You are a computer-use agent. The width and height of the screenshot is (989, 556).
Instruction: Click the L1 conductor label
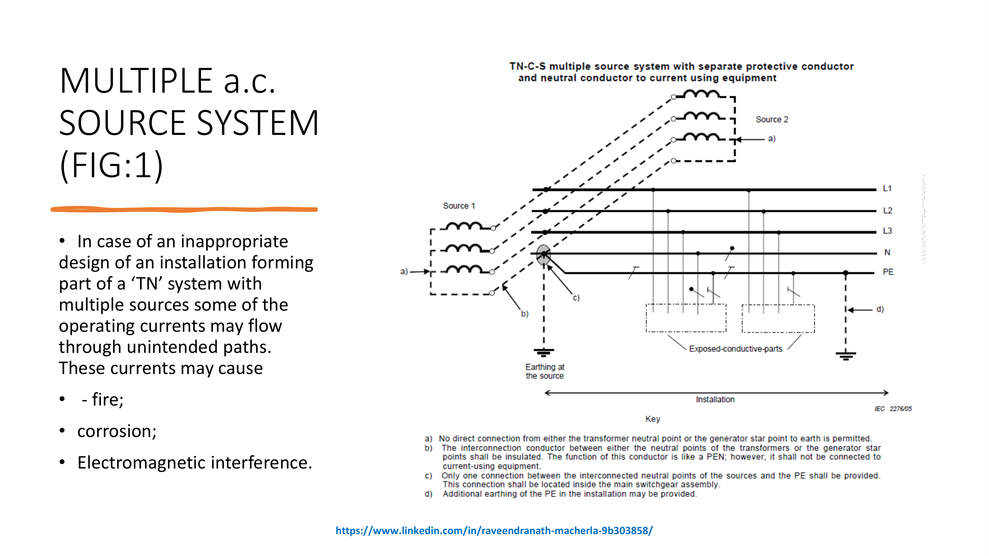tap(887, 188)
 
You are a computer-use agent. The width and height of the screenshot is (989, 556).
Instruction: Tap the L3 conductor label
tap(887, 231)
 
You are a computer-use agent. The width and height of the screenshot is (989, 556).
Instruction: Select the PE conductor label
tap(888, 272)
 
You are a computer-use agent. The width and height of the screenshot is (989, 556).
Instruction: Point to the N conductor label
tap(887, 252)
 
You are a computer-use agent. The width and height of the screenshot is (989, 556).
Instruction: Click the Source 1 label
tap(459, 206)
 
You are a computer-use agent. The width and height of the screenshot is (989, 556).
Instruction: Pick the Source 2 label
tap(772, 120)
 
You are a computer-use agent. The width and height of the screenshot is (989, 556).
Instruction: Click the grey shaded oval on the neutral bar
tap(543, 255)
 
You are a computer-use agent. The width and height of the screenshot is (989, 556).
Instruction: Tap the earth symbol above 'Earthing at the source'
tap(544, 352)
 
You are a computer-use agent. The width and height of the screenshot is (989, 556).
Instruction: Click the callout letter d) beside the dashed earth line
tap(880, 309)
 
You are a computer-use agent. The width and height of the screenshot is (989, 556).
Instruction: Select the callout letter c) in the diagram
tap(576, 298)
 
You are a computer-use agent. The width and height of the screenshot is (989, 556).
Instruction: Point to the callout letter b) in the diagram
tap(524, 314)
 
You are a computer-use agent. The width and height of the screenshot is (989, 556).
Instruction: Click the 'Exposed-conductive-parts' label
tap(735, 349)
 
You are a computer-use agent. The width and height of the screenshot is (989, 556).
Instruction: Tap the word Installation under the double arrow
tap(715, 400)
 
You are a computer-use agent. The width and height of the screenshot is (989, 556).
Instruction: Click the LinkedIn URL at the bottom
tap(494, 531)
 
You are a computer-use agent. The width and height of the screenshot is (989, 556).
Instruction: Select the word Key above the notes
tap(653, 419)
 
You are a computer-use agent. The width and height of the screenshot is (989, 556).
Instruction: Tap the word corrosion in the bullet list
tap(117, 431)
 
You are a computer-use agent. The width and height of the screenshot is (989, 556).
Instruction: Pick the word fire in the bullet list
tap(108, 400)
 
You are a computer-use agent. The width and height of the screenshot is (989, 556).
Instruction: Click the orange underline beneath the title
tap(184, 209)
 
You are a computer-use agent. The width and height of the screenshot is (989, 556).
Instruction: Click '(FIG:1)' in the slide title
tap(111, 165)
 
